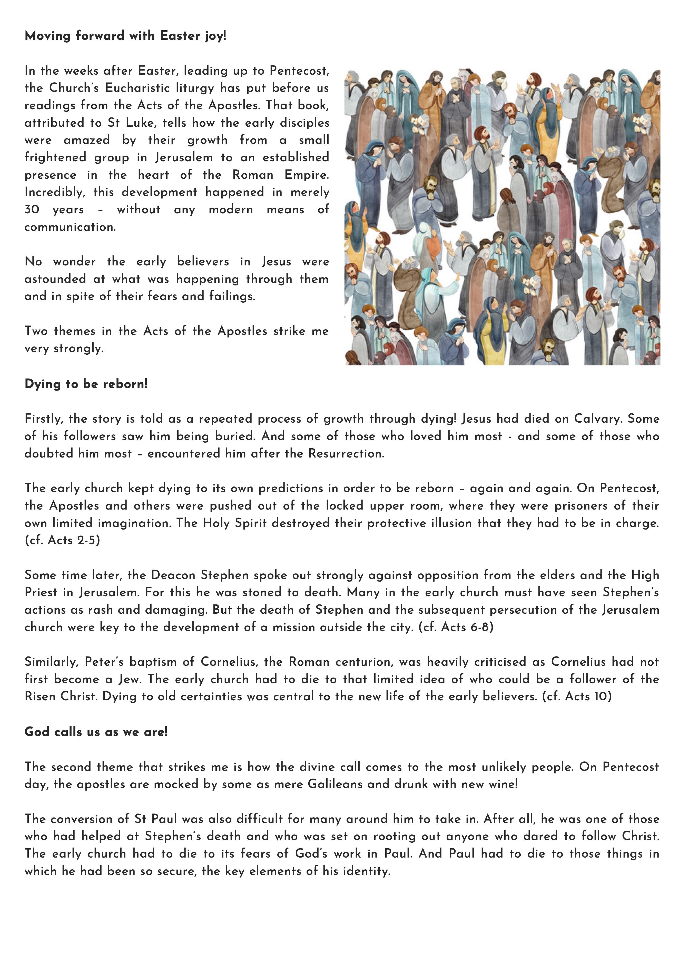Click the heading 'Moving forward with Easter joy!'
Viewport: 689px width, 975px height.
[125, 36]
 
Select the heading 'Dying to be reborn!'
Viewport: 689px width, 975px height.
[86, 384]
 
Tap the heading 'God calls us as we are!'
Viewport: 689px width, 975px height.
[96, 732]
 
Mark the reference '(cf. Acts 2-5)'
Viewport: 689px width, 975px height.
[62, 540]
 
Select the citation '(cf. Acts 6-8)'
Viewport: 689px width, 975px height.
[456, 627]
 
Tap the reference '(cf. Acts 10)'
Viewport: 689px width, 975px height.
[577, 697]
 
